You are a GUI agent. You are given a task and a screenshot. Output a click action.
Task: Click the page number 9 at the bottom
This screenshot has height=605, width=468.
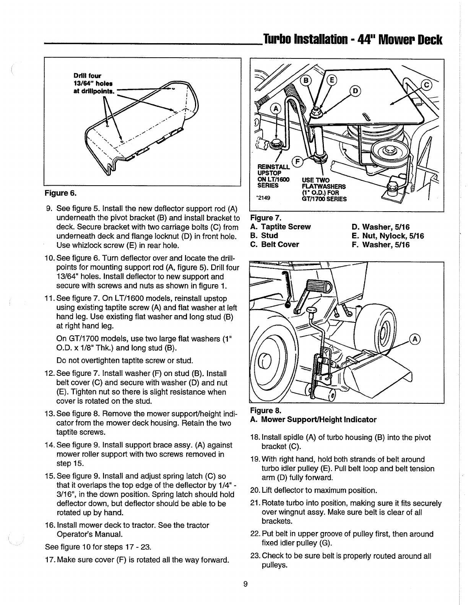245,584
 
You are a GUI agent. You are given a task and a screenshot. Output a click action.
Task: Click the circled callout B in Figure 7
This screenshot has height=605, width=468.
306,81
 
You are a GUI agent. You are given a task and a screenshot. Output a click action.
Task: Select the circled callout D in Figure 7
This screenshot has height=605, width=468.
355,91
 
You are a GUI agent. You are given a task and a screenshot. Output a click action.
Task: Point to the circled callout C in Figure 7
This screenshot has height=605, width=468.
426,85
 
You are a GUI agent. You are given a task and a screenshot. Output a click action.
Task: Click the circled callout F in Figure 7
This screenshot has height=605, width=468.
297,162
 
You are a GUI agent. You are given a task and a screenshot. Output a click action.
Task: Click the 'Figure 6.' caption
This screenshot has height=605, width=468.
60,193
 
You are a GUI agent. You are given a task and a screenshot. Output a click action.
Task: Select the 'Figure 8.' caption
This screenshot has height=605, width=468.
266,410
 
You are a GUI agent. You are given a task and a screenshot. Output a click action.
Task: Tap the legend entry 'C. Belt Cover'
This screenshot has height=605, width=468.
275,244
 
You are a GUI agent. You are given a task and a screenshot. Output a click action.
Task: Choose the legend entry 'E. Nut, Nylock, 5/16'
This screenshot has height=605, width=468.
388,236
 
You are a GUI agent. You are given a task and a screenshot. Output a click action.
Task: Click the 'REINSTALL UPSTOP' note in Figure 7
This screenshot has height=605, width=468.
273,170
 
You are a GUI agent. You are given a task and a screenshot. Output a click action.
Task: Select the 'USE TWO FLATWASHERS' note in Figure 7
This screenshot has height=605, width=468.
323,183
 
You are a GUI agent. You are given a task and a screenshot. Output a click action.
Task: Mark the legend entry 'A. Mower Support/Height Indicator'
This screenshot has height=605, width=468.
313,420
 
